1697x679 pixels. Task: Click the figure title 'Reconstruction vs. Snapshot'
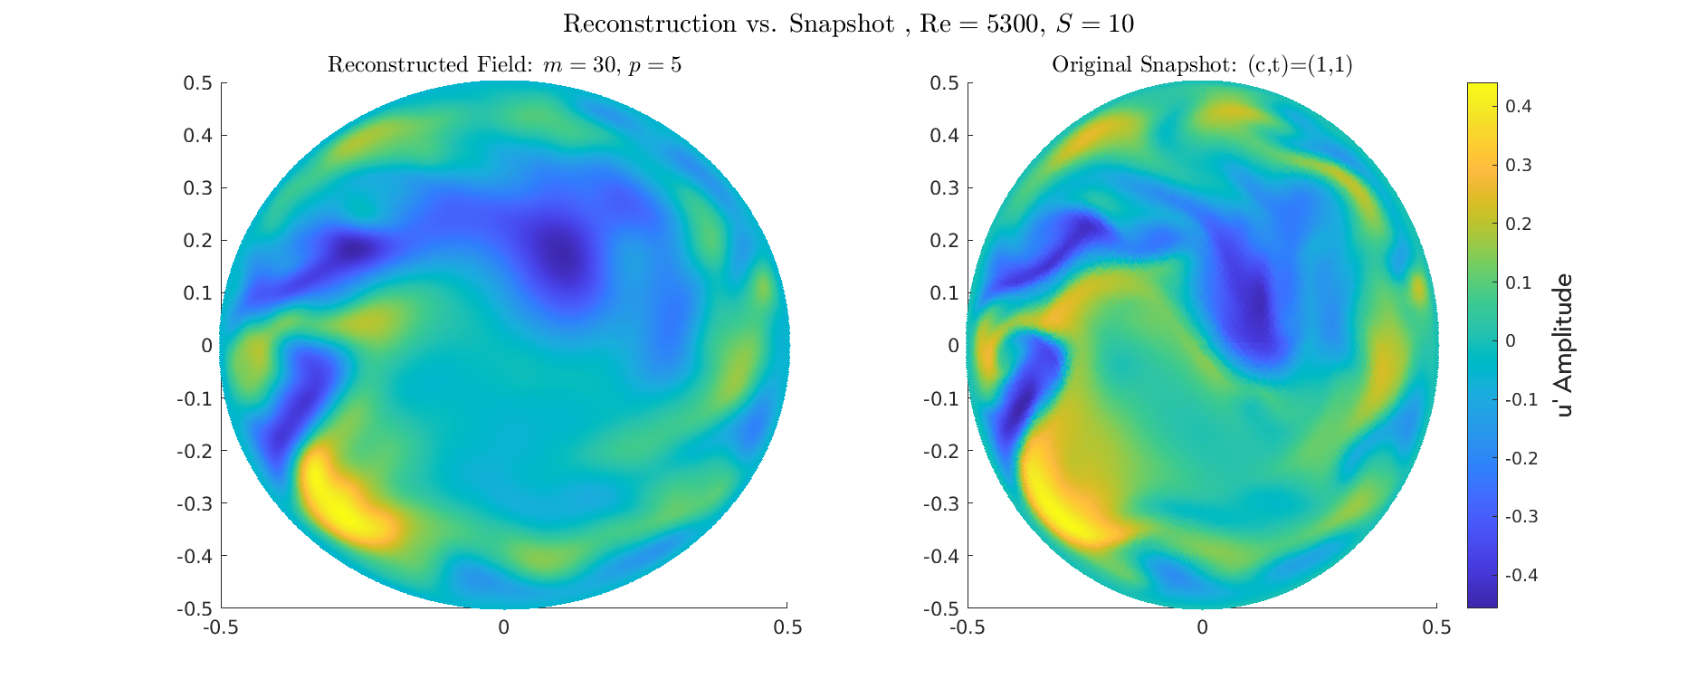[728, 24]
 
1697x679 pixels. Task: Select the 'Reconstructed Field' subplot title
[504, 65]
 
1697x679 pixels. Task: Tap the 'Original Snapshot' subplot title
[1202, 65]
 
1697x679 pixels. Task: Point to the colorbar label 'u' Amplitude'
[1565, 345]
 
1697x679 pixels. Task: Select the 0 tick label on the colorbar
[1509, 341]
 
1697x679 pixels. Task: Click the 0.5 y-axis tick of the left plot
[198, 83]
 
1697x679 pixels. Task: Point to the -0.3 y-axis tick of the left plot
[195, 503]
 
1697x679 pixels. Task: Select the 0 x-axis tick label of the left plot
[504, 627]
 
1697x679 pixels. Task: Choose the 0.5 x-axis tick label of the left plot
[787, 627]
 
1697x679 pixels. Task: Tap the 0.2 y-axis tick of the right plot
[945, 241]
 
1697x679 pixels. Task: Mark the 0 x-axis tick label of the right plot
[1202, 627]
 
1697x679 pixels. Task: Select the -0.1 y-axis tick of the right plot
[941, 398]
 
